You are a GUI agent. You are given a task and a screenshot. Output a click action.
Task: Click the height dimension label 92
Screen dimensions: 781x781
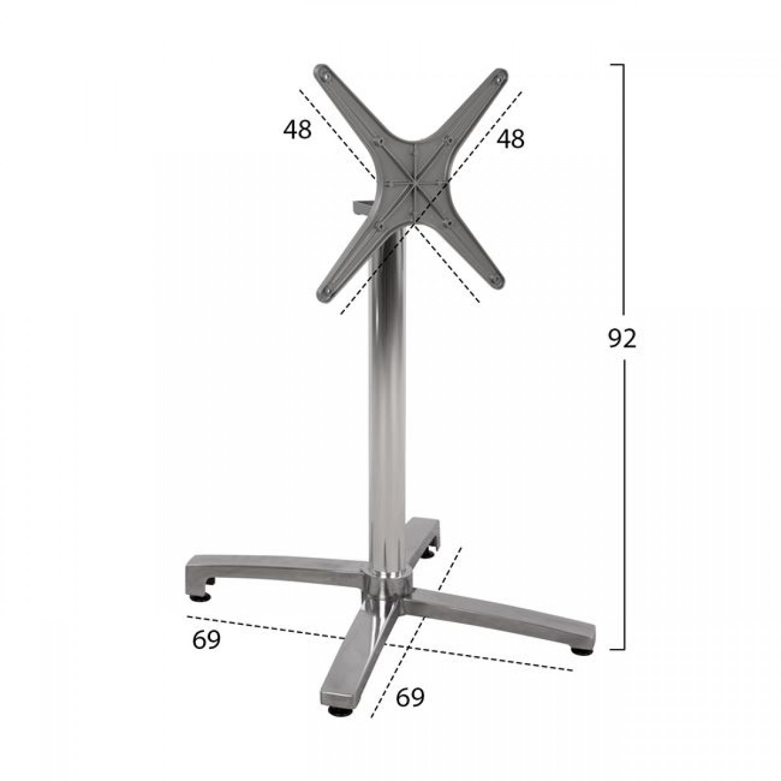[x=622, y=339]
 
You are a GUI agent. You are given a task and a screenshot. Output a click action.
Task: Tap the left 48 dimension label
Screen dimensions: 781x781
[x=297, y=130]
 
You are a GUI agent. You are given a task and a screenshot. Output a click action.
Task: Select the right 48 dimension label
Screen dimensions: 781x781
[x=510, y=139]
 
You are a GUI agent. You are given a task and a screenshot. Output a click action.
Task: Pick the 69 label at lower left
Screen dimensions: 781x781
[x=206, y=641]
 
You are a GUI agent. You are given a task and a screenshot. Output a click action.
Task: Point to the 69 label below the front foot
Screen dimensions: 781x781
[x=410, y=698]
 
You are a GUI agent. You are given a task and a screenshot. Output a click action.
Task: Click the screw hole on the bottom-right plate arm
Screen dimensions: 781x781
[x=495, y=280]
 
